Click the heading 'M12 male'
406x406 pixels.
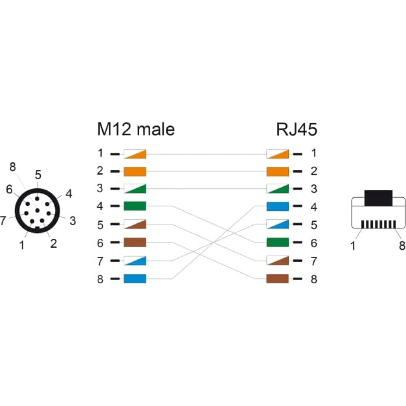136,129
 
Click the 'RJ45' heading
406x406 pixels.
296,129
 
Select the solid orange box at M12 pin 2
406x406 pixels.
135,171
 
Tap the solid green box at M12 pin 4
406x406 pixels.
135,206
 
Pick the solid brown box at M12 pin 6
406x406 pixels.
135,242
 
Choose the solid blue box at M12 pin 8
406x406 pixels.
135,279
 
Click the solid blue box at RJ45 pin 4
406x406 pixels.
278,206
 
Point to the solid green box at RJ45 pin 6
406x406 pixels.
278,243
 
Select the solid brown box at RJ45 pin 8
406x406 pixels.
278,279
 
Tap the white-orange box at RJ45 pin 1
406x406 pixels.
278,154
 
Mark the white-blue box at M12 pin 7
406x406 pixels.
135,261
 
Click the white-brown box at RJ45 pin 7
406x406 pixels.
278,261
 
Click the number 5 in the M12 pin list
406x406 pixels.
100,225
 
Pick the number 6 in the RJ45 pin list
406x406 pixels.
314,243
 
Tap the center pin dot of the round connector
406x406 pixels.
37,210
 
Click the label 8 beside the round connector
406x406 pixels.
13,167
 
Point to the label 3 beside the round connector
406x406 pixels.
73,221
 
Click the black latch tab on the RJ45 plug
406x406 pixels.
378,198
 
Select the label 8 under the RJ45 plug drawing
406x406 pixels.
402,245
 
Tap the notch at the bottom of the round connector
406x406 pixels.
37,228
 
